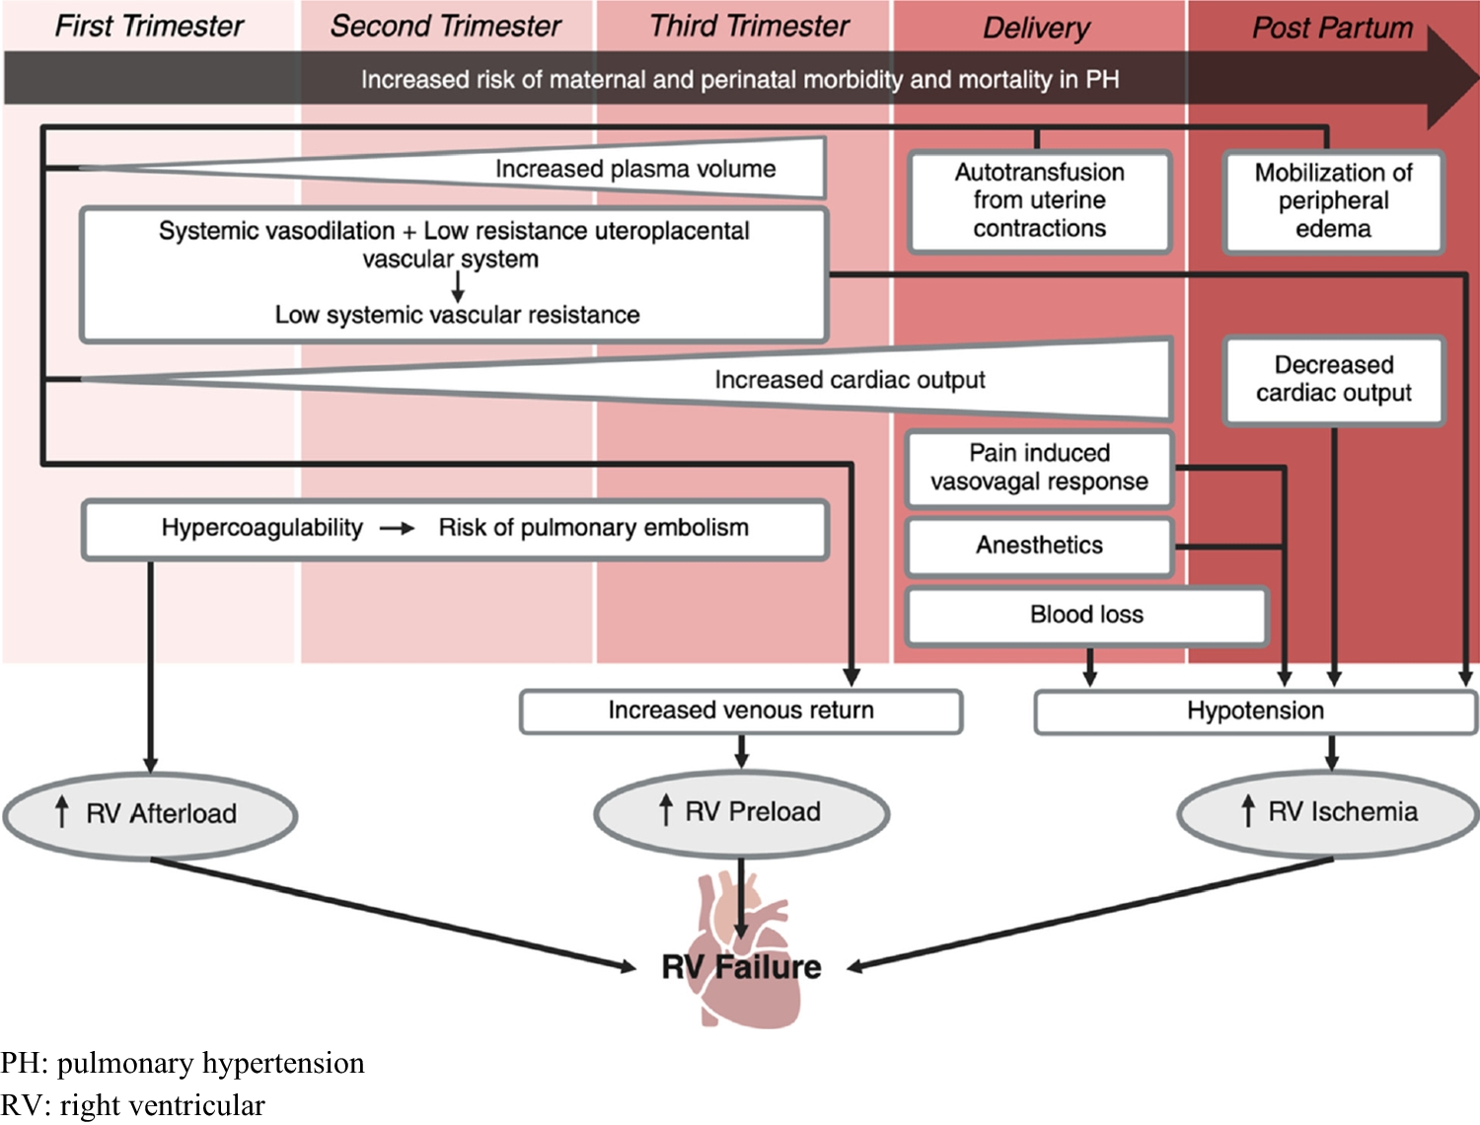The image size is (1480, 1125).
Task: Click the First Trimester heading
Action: click(x=149, y=26)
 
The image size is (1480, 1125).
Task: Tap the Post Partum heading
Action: click(x=1332, y=28)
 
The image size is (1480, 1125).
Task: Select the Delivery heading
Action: click(x=1036, y=28)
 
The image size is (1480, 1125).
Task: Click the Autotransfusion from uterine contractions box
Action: click(x=1039, y=200)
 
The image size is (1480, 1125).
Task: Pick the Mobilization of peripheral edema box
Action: click(x=1333, y=201)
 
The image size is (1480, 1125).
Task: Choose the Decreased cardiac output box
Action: click(x=1333, y=379)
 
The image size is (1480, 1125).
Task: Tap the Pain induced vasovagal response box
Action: click(x=1039, y=468)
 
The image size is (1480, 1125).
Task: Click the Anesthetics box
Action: click(x=1039, y=545)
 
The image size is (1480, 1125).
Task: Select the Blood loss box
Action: click(x=1086, y=615)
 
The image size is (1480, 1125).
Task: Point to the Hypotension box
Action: click(x=1255, y=711)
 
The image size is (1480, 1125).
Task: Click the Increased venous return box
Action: click(x=740, y=711)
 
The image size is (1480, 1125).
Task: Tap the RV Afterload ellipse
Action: click(x=150, y=814)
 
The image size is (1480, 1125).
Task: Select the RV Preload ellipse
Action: click(x=741, y=812)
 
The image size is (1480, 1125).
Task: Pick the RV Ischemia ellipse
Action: click(x=1328, y=812)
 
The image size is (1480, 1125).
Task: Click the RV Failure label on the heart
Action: click(x=741, y=967)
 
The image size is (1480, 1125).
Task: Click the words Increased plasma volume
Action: click(x=635, y=169)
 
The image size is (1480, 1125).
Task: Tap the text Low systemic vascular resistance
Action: click(x=457, y=315)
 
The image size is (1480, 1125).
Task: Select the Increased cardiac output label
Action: click(x=850, y=380)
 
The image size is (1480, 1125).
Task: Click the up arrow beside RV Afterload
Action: click(x=62, y=812)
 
